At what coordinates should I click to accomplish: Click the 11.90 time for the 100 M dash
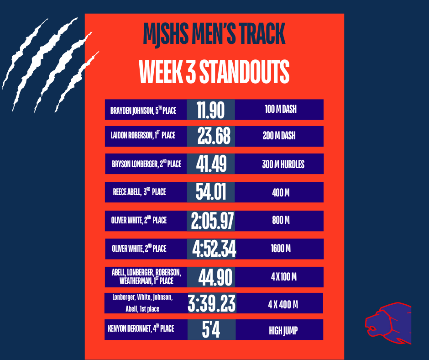[210, 110]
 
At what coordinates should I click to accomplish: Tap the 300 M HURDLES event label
[283, 164]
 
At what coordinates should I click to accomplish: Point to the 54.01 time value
[211, 192]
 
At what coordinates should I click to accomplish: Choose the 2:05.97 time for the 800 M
[213, 221]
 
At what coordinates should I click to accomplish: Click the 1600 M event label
[281, 249]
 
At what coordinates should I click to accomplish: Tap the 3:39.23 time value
[212, 304]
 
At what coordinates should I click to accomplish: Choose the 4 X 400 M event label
[283, 304]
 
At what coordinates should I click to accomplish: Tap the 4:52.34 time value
[214, 249]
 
